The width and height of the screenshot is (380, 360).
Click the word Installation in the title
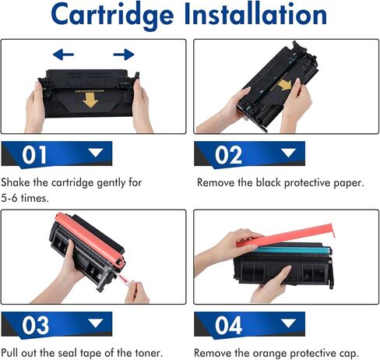pyautogui.click(x=259, y=16)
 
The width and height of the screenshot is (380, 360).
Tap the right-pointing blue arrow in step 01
pyautogui.click(x=123, y=55)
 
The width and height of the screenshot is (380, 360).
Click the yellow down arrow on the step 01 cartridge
pyautogui.click(x=92, y=100)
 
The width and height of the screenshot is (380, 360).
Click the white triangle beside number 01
pyautogui.click(x=95, y=154)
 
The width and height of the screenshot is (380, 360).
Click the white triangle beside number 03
pyautogui.click(x=95, y=323)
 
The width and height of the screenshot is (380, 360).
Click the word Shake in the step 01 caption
pyautogui.click(x=17, y=183)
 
